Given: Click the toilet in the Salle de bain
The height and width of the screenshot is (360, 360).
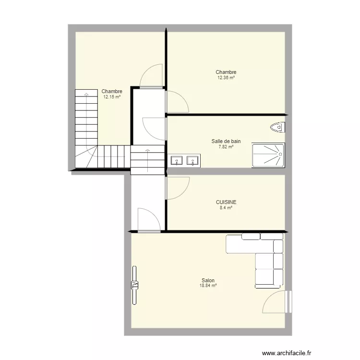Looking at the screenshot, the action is click(x=278, y=127).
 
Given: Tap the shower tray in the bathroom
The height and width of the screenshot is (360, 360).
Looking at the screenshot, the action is click(x=268, y=155).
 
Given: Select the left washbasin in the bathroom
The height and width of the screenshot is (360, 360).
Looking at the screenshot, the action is click(x=177, y=160).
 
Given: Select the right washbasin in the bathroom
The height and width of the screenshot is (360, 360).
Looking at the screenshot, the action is click(x=192, y=160).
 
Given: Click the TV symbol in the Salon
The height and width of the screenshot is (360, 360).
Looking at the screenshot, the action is click(x=134, y=285).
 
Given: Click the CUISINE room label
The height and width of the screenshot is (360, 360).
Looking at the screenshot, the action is click(x=226, y=202).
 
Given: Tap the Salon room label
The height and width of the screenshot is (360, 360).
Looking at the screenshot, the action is click(x=208, y=280).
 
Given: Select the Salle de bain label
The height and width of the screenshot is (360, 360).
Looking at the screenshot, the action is click(x=226, y=141).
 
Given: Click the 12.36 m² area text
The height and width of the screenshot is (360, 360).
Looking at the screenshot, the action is click(x=226, y=78).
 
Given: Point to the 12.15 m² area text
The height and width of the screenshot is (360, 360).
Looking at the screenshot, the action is click(x=112, y=97).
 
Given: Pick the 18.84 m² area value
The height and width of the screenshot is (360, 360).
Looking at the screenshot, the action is click(x=208, y=286).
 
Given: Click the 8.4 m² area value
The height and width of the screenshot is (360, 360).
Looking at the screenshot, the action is click(x=226, y=208).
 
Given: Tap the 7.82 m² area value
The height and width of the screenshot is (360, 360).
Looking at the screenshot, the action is click(x=226, y=147).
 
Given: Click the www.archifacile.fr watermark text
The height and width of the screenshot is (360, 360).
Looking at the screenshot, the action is click(x=287, y=353).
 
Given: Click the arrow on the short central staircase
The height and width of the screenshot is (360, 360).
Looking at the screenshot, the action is click(x=148, y=160).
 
